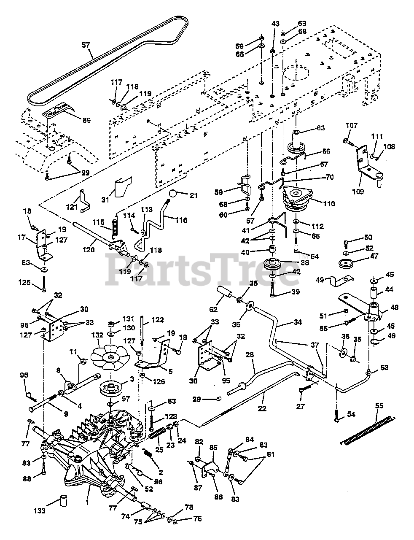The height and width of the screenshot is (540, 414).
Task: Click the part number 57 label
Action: (x=86, y=44)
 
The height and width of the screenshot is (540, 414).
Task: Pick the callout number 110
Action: (x=328, y=204)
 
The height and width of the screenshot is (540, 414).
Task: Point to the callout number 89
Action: (x=86, y=120)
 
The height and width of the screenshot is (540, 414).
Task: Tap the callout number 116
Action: (x=181, y=220)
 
